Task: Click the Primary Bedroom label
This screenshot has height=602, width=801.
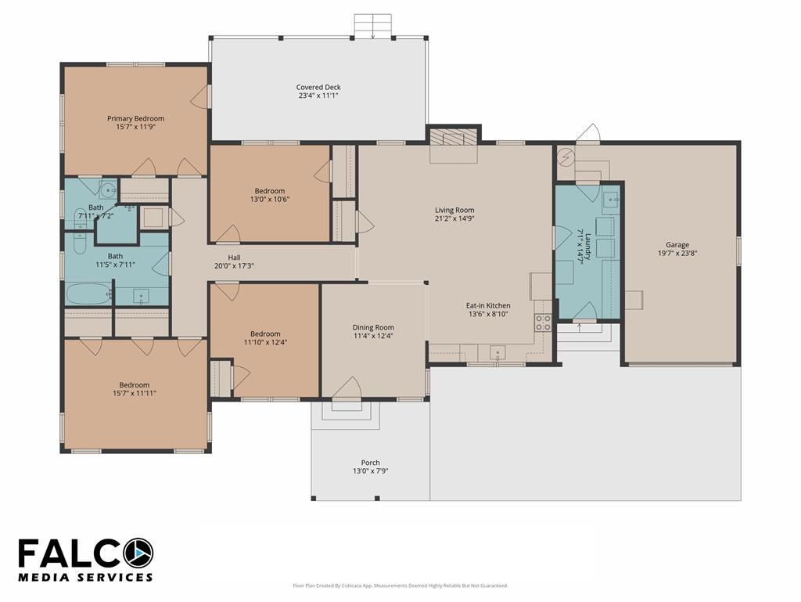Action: click(x=135, y=118)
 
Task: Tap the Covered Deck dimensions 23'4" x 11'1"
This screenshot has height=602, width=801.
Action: click(x=318, y=96)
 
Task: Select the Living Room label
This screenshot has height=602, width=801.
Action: click(x=454, y=210)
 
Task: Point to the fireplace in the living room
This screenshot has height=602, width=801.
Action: click(x=454, y=138)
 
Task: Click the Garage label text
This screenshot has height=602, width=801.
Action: click(x=677, y=245)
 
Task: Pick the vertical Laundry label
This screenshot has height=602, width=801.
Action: click(x=588, y=247)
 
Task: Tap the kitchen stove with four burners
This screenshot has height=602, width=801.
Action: click(x=543, y=323)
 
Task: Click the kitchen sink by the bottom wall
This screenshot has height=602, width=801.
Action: click(x=497, y=352)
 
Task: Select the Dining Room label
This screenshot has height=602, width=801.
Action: click(x=373, y=327)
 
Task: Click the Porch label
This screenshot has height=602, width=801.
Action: click(x=370, y=463)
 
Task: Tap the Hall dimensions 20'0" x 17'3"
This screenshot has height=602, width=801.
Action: click(x=234, y=265)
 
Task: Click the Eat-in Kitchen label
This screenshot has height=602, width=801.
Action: click(x=488, y=305)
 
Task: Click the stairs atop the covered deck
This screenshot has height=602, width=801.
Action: click(x=373, y=25)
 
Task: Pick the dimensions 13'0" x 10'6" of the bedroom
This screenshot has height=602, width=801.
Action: click(x=270, y=200)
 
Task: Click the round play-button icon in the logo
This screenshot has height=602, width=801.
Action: click(x=137, y=553)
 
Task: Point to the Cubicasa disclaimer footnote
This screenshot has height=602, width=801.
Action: click(x=400, y=586)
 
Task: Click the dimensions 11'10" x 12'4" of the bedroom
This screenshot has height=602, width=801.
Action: click(x=265, y=342)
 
